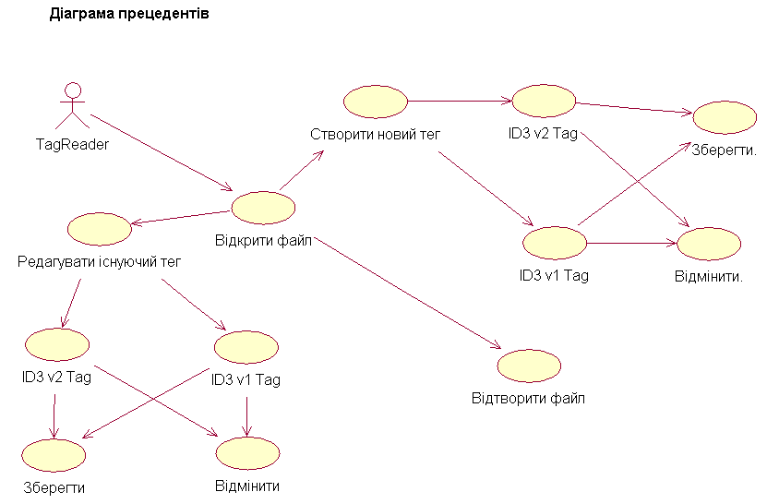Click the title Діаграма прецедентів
click(129, 14)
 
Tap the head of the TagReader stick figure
click(73, 90)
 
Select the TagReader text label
click(72, 145)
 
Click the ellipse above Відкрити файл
click(263, 208)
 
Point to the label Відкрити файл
click(263, 241)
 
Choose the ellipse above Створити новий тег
click(376, 102)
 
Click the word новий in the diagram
click(392, 135)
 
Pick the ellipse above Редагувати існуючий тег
click(100, 229)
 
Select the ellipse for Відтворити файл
click(529, 366)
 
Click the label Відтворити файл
click(528, 399)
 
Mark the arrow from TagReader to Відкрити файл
click(162, 152)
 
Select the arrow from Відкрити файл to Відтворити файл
click(408, 294)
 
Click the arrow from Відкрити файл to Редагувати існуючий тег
click(181, 218)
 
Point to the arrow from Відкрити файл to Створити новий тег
click(302, 171)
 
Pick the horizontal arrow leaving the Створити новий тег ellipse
click(460, 101)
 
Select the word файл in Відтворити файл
click(570, 399)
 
